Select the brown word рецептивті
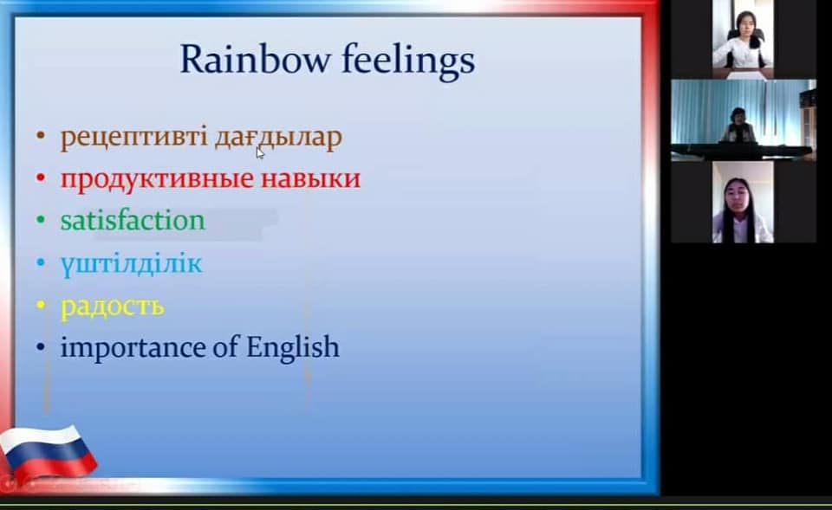[x=133, y=139]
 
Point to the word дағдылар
[x=278, y=138]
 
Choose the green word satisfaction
[x=133, y=220]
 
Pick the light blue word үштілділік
[x=132, y=263]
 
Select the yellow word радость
[x=112, y=307]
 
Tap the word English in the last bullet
[x=292, y=348]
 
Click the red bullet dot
[x=41, y=178]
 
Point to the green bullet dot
[x=41, y=220]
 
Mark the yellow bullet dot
[x=41, y=306]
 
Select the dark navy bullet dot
[x=41, y=348]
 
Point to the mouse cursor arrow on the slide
[x=260, y=152]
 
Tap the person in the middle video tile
[x=738, y=126]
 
